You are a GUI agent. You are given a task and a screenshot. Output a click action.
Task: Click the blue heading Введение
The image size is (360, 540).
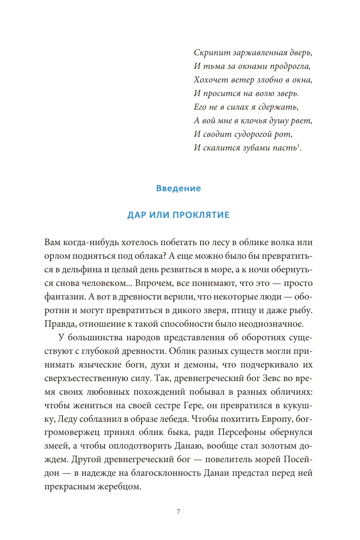click(178, 188)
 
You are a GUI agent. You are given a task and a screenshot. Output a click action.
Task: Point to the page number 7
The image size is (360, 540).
click(179, 512)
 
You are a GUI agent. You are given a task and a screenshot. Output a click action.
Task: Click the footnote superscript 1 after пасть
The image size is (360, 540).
click(298, 146)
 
